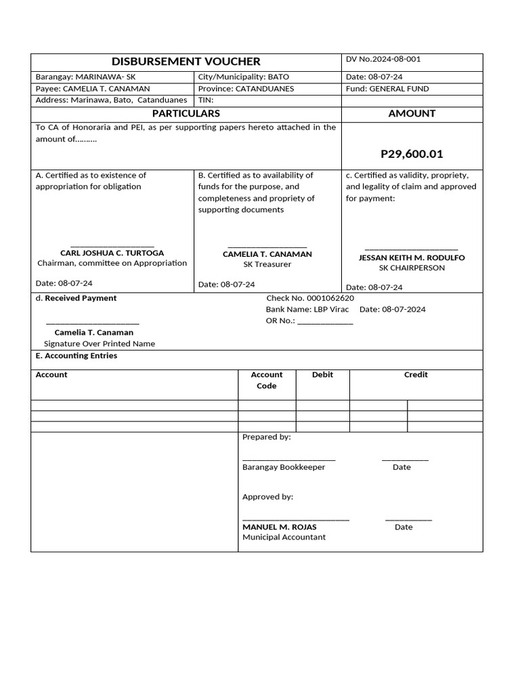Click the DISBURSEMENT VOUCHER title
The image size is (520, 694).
186,61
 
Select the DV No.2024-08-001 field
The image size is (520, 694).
387,59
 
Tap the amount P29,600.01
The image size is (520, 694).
412,154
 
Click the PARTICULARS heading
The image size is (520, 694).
186,113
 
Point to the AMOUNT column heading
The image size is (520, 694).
412,113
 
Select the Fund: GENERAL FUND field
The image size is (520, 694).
387,89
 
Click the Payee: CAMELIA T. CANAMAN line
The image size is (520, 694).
93,89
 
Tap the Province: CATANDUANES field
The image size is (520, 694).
246,89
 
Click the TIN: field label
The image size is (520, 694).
206,100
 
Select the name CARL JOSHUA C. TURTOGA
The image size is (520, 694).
112,253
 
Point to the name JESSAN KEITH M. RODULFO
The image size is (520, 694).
412,258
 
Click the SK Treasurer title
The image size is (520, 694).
267,264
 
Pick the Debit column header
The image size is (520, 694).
322,374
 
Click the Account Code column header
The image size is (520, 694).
267,380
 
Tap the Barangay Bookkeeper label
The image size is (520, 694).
284,467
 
